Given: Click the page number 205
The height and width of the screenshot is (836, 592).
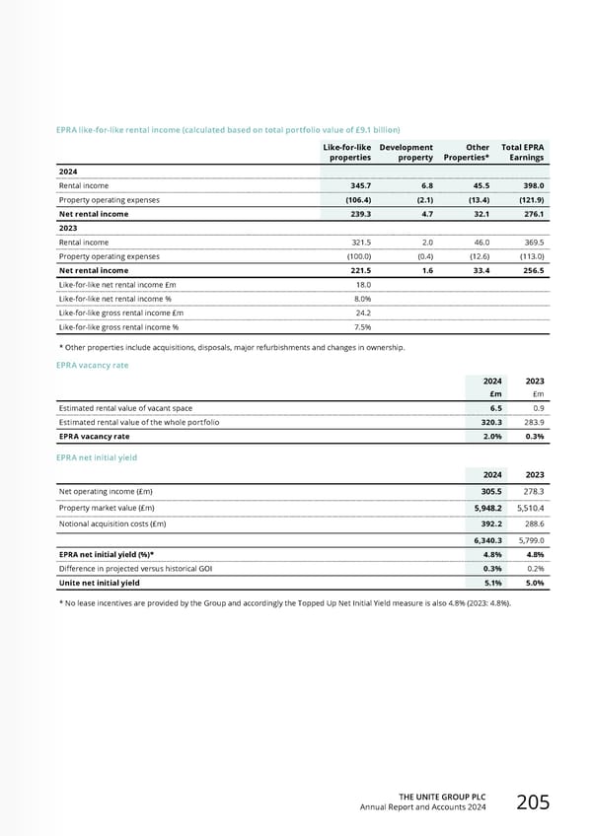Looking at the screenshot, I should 534,802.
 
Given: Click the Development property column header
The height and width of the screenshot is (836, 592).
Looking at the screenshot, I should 406,151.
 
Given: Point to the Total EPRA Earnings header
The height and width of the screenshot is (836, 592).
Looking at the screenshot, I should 524,151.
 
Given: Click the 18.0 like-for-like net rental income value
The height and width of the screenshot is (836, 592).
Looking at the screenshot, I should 362,284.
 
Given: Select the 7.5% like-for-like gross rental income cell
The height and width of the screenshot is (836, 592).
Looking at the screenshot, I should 362,326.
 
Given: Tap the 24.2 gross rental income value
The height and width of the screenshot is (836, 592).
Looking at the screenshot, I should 362,313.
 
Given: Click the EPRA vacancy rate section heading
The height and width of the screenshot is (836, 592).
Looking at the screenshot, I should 94,365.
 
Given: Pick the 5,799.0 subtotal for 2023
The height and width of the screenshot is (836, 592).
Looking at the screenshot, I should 530,540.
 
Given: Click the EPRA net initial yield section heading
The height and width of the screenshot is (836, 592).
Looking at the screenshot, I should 98,457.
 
